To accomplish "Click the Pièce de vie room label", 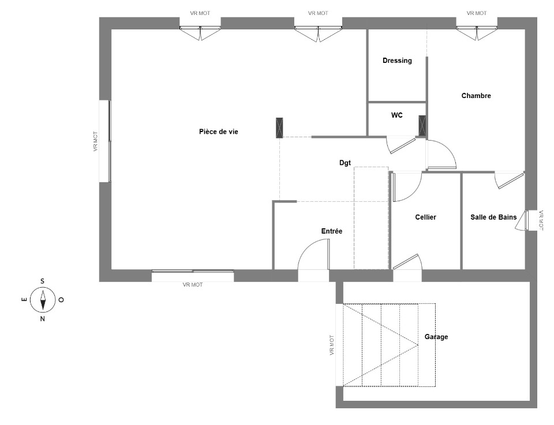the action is click(218, 131).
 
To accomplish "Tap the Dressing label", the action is click(397, 61).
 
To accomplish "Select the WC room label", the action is click(397, 115).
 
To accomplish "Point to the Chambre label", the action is click(476, 96).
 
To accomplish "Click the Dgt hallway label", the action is click(345, 163).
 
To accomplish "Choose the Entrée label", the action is click(331, 231).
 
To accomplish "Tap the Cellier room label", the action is click(425, 217).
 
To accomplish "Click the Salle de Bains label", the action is click(493, 217).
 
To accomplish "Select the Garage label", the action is click(436, 337).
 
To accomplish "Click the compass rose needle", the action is click(43, 300).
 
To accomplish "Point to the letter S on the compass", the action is click(42, 281).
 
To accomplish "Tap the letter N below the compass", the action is click(42, 319).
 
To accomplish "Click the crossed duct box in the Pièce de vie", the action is click(279, 128).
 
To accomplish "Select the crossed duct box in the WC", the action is click(422, 125).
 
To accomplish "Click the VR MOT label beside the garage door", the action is click(332, 345).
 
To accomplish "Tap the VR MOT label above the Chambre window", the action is click(476, 13).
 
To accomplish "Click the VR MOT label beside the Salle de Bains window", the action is click(541, 221).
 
